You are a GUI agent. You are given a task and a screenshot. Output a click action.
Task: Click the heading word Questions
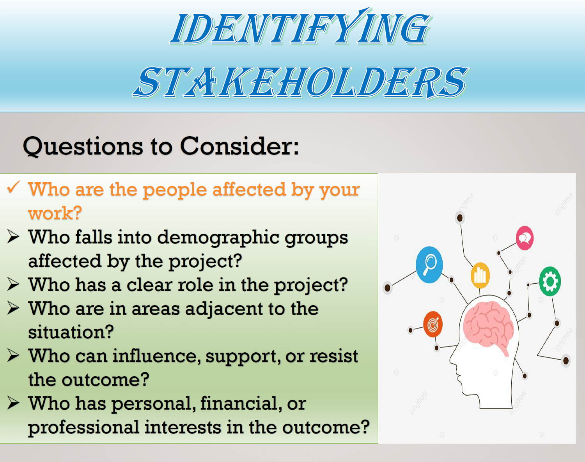tap(83, 147)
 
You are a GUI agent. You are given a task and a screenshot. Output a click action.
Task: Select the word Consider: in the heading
tap(239, 146)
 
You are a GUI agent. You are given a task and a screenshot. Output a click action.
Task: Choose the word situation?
tap(71, 332)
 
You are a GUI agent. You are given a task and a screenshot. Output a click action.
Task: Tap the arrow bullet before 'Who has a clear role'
tap(13, 284)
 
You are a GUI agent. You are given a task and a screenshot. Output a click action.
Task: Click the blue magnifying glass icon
tap(429, 265)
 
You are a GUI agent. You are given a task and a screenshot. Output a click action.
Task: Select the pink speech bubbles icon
tap(525, 238)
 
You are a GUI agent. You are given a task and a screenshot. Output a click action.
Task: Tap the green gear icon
tap(550, 281)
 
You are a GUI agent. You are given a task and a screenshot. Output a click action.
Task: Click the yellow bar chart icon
tap(480, 275)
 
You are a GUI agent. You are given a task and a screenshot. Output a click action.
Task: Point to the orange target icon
tap(433, 324)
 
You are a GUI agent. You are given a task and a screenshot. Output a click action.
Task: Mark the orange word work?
tap(55, 213)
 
